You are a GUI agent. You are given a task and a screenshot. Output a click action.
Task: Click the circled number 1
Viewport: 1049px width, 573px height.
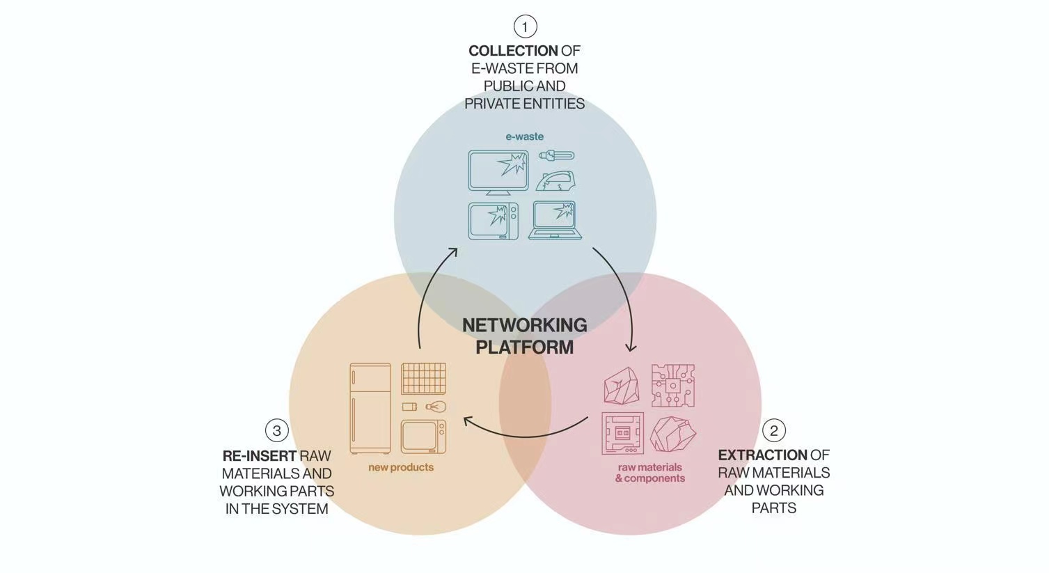pos(525,27)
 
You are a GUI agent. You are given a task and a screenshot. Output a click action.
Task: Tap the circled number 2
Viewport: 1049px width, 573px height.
pos(773,430)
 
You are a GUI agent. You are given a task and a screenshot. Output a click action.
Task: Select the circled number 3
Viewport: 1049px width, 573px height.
pos(277,430)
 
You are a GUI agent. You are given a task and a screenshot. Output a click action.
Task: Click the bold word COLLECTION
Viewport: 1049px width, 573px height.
pos(513,51)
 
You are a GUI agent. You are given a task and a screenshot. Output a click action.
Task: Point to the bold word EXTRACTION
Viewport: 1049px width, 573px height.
pos(762,455)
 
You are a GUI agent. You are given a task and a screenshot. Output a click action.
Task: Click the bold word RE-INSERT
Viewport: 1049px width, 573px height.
pos(260,456)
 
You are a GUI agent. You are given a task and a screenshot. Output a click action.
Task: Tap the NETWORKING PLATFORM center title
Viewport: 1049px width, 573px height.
pos(525,336)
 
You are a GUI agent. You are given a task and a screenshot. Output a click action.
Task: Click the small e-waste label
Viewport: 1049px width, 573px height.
pos(525,136)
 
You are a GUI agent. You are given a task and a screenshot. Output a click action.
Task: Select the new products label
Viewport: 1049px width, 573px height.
pos(401,467)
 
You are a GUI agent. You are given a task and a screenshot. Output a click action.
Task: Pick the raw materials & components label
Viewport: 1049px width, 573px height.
pos(649,473)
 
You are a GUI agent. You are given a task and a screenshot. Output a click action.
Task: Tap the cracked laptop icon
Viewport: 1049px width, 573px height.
pos(555,220)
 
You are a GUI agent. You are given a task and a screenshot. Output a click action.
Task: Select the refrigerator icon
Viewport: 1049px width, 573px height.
pos(370,408)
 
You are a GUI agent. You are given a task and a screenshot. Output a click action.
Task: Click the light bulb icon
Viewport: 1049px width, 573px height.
pos(436,407)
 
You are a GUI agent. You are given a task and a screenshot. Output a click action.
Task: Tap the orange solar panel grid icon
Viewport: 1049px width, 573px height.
pos(423,379)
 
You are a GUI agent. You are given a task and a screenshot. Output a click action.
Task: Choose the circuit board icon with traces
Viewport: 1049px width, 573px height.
pos(672,385)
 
